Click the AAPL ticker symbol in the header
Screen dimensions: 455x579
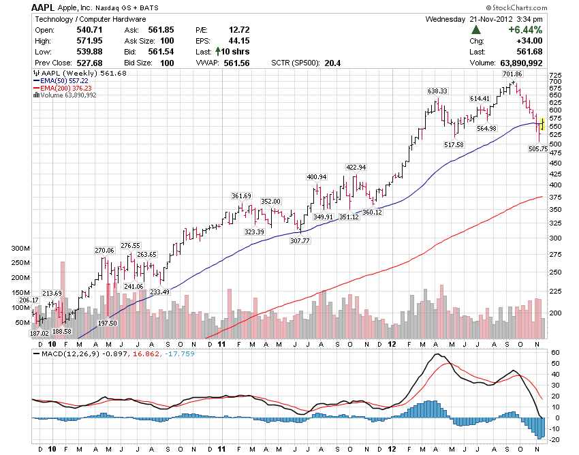coord(44,7)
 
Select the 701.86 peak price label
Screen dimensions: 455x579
coord(512,74)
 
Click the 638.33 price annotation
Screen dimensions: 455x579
coord(437,91)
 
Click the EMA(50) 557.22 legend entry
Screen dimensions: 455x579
coord(64,80)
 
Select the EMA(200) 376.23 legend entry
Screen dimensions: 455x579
coord(65,88)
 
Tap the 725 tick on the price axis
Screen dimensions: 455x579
coord(554,75)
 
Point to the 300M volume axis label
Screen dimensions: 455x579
coord(20,249)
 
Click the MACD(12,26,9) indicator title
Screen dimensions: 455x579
coord(67,354)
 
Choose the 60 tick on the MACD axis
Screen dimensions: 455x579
coord(554,353)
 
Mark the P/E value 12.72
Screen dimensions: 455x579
coord(240,30)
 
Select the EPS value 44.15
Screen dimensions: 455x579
coord(240,41)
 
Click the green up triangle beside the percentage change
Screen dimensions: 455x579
coord(476,30)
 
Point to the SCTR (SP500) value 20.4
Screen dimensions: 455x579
coord(332,63)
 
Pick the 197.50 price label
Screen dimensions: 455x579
coord(108,324)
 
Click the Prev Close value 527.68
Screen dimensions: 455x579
coord(89,63)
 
